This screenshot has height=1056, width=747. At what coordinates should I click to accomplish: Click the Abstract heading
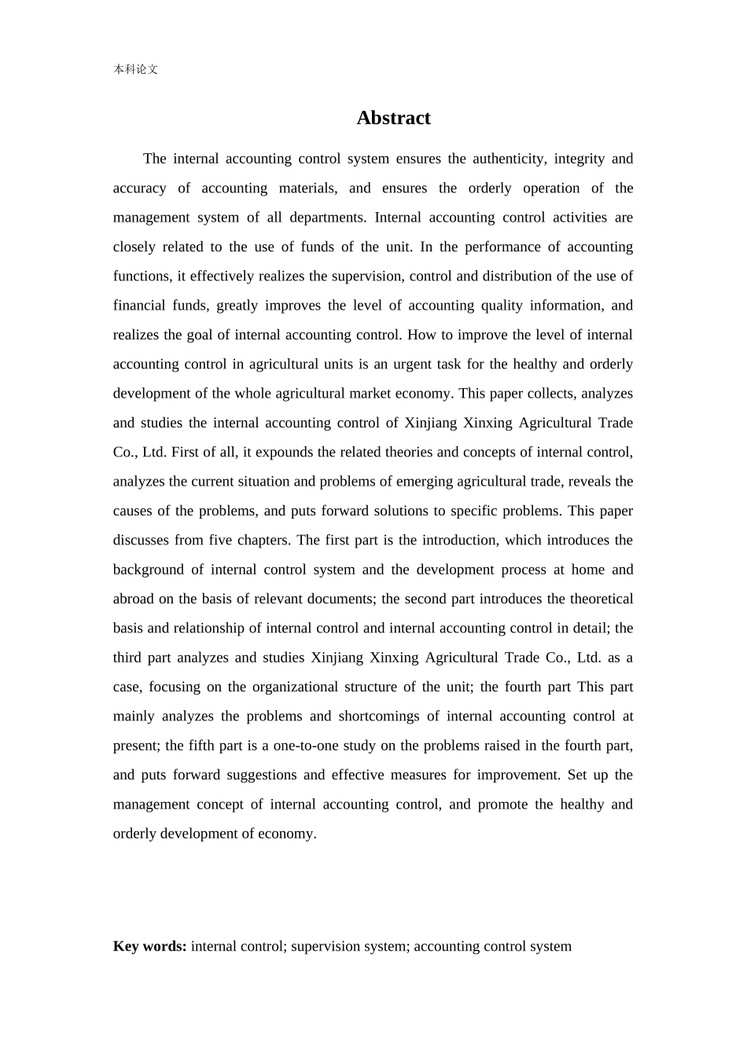(393, 118)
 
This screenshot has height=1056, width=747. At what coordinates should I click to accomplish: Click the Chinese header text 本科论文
(135, 69)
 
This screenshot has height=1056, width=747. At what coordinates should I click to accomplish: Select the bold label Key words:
(149, 946)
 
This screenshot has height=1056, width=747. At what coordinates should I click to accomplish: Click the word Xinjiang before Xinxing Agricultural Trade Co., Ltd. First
(430, 423)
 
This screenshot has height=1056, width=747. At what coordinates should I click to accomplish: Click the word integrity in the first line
(578, 159)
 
